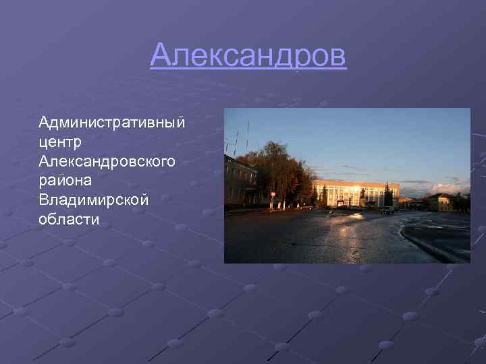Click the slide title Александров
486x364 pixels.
coord(248,56)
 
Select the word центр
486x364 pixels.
coord(60,142)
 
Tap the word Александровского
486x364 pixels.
coord(107,162)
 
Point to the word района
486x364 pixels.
coord(65,181)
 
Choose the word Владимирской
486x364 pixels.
coord(93,200)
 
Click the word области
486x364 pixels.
coord(70,219)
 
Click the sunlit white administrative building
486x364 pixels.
coord(354,193)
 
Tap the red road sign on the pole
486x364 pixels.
coord(273,194)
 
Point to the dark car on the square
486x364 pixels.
coord(387,210)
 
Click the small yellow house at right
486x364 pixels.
coord(439,202)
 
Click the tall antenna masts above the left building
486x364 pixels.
coord(246,135)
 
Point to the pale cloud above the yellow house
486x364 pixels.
coord(446,188)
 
